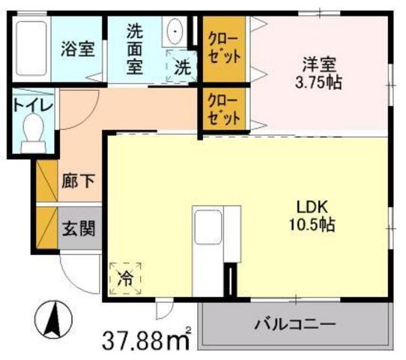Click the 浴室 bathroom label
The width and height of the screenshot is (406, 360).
pos(77,50)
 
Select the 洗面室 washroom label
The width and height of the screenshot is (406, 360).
pos(134,49)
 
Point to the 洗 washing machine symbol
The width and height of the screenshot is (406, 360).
pos(182,66)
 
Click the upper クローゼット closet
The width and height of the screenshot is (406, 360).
pos(223,48)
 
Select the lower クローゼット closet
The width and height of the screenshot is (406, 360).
pos(223,109)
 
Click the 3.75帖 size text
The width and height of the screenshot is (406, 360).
pos(318,82)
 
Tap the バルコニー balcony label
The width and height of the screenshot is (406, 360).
pos(293,325)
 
